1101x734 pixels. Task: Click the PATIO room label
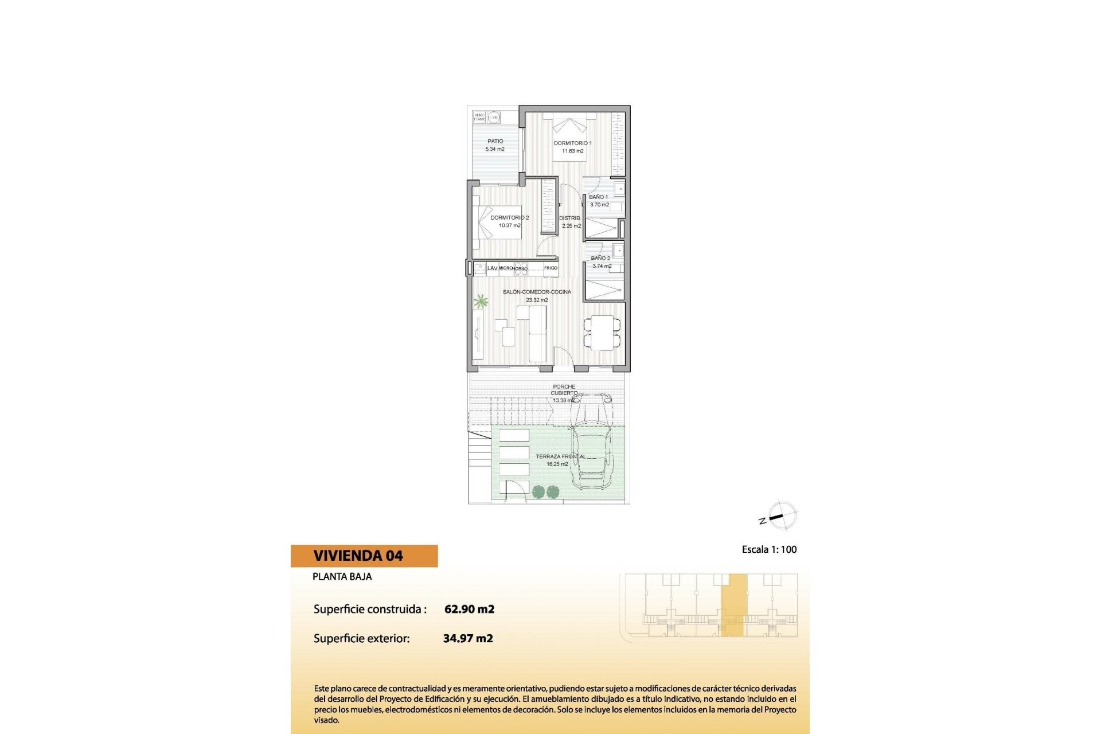pyautogui.click(x=495, y=141)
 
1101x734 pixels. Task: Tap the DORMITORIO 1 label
pyautogui.click(x=572, y=143)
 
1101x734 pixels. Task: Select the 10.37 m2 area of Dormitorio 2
pyautogui.click(x=509, y=226)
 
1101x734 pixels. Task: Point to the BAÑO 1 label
pyautogui.click(x=598, y=197)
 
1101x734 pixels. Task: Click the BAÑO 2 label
pyautogui.click(x=600, y=258)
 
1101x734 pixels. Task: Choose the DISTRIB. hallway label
pyautogui.click(x=569, y=218)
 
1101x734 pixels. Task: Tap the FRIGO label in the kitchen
pyautogui.click(x=550, y=268)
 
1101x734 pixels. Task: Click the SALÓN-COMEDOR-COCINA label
pyautogui.click(x=537, y=292)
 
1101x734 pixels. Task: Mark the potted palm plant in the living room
pyautogui.click(x=481, y=301)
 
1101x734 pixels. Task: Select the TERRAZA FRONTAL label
pyautogui.click(x=560, y=456)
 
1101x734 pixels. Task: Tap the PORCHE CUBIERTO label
pyautogui.click(x=564, y=390)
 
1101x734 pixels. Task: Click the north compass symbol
pyautogui.click(x=780, y=516)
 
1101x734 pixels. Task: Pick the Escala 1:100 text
pyautogui.click(x=769, y=549)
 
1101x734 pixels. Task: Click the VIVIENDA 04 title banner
pyautogui.click(x=364, y=556)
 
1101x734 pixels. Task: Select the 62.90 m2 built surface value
pyautogui.click(x=469, y=609)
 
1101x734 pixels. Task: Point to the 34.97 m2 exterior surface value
pyautogui.click(x=468, y=638)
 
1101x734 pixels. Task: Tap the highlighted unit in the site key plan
pyautogui.click(x=734, y=605)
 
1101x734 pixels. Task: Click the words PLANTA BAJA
pyautogui.click(x=342, y=577)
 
